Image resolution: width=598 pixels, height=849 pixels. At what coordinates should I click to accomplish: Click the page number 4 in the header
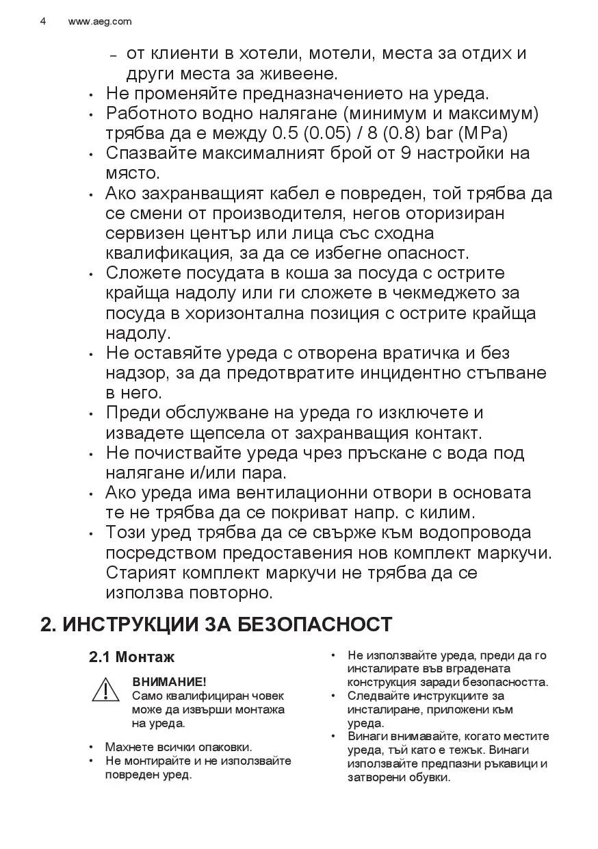coord(43,21)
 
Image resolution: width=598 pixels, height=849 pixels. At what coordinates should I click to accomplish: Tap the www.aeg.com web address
coord(100,21)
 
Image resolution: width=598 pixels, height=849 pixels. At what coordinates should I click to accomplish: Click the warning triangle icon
coord(106,689)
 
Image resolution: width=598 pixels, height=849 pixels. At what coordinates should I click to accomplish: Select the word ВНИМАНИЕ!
coord(169,682)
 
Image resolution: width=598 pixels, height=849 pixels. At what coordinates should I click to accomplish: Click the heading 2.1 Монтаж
coord(131,657)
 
